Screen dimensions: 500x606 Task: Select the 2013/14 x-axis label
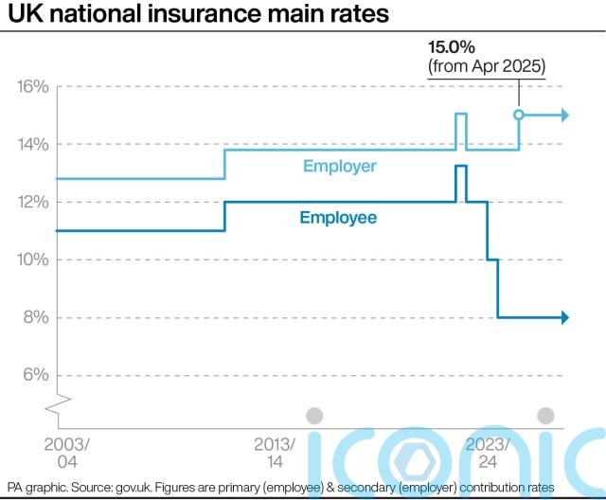[276, 452]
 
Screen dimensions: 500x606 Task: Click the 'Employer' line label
[340, 167]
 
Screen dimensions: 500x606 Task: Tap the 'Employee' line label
[338, 218]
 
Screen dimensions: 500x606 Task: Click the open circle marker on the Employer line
[519, 116]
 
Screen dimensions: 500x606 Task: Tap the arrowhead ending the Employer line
[564, 116]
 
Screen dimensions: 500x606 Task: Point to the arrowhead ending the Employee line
[564, 318]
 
